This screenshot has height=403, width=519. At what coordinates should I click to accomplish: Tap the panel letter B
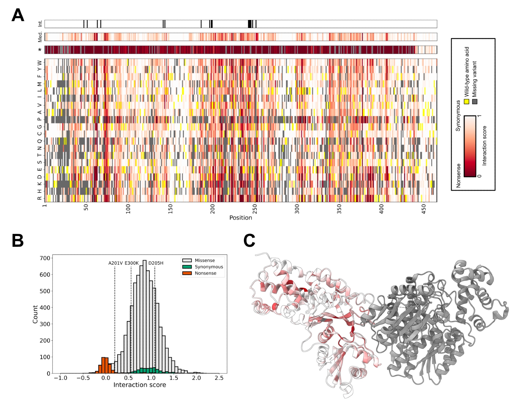tap(18, 240)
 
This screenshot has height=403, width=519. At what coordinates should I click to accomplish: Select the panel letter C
tap(249, 240)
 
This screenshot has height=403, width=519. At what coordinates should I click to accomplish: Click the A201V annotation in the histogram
tap(115, 263)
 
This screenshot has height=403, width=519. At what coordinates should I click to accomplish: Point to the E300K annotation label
tap(132, 263)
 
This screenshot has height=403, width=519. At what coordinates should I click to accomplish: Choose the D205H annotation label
tap(156, 263)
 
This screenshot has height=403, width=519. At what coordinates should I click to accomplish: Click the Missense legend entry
tap(204, 260)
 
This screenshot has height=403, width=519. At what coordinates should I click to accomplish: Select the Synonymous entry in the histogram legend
tap(209, 267)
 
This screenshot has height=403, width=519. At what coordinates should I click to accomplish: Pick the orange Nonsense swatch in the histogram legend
tap(187, 273)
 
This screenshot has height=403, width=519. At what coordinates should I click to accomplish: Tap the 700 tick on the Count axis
tap(45, 258)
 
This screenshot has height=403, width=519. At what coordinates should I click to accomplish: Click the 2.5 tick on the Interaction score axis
tap(219, 378)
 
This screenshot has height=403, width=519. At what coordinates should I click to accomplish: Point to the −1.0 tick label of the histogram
tap(60, 378)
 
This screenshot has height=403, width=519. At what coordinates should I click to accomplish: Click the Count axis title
tap(35, 314)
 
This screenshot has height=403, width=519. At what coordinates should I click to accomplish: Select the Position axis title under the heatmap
tap(241, 218)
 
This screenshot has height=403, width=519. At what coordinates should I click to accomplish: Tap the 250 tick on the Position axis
tap(255, 209)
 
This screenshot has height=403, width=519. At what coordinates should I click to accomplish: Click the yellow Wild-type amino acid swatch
tap(467, 101)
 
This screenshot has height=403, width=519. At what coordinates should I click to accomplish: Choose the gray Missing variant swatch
tap(475, 101)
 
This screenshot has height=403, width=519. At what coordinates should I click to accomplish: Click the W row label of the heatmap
tap(39, 62)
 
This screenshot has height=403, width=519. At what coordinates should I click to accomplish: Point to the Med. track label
tap(40, 37)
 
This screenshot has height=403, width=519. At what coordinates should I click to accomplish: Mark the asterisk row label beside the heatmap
tap(40, 50)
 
